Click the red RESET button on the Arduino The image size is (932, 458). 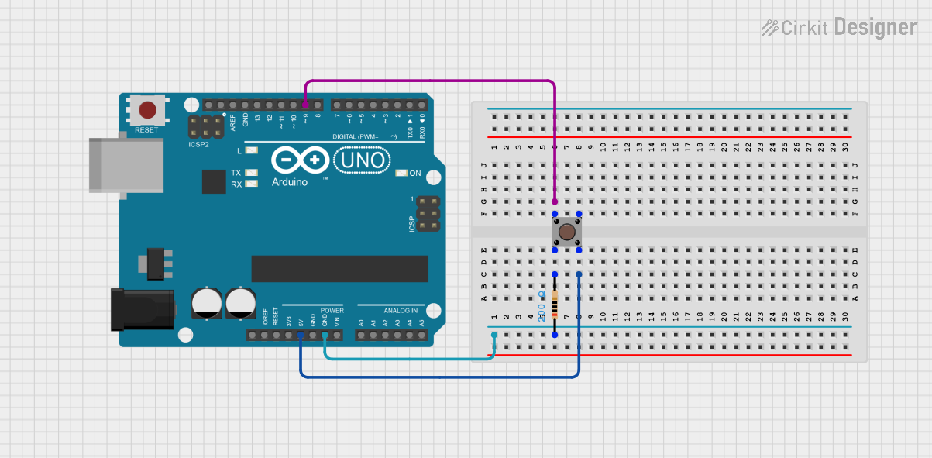pyautogui.click(x=147, y=109)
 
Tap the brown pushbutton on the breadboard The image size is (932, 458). pyautogui.click(x=567, y=232)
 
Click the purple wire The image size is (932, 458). pyautogui.click(x=431, y=81)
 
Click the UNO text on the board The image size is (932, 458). pyautogui.click(x=361, y=160)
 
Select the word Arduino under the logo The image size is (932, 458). pyautogui.click(x=290, y=182)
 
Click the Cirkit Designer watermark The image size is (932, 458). pyautogui.click(x=839, y=28)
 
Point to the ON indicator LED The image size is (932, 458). pyautogui.click(x=401, y=173)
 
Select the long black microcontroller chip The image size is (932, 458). pyautogui.click(x=339, y=268)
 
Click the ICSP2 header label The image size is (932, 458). pyautogui.click(x=198, y=144)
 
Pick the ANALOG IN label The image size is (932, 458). pyautogui.click(x=404, y=310)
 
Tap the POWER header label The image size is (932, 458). pyautogui.click(x=332, y=310)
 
